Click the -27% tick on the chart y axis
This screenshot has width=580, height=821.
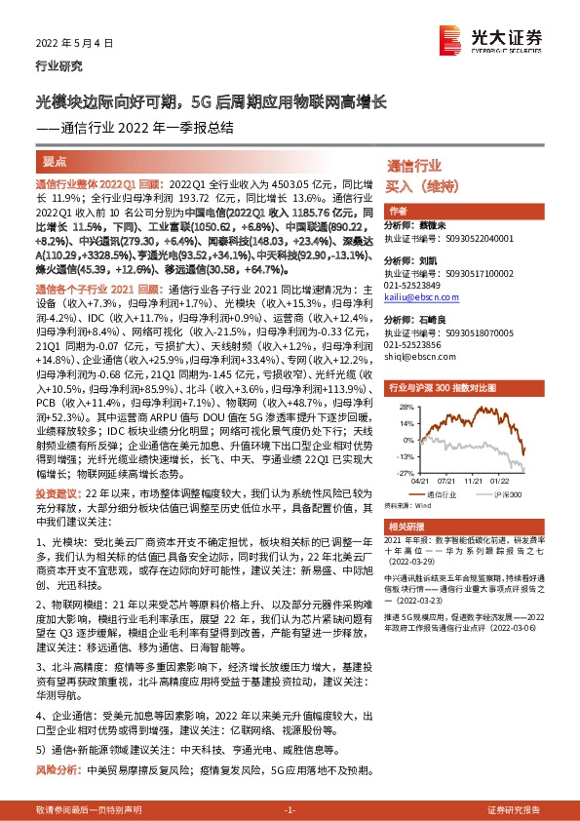tap(402, 471)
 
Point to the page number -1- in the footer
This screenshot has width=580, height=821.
tap(290, 810)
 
